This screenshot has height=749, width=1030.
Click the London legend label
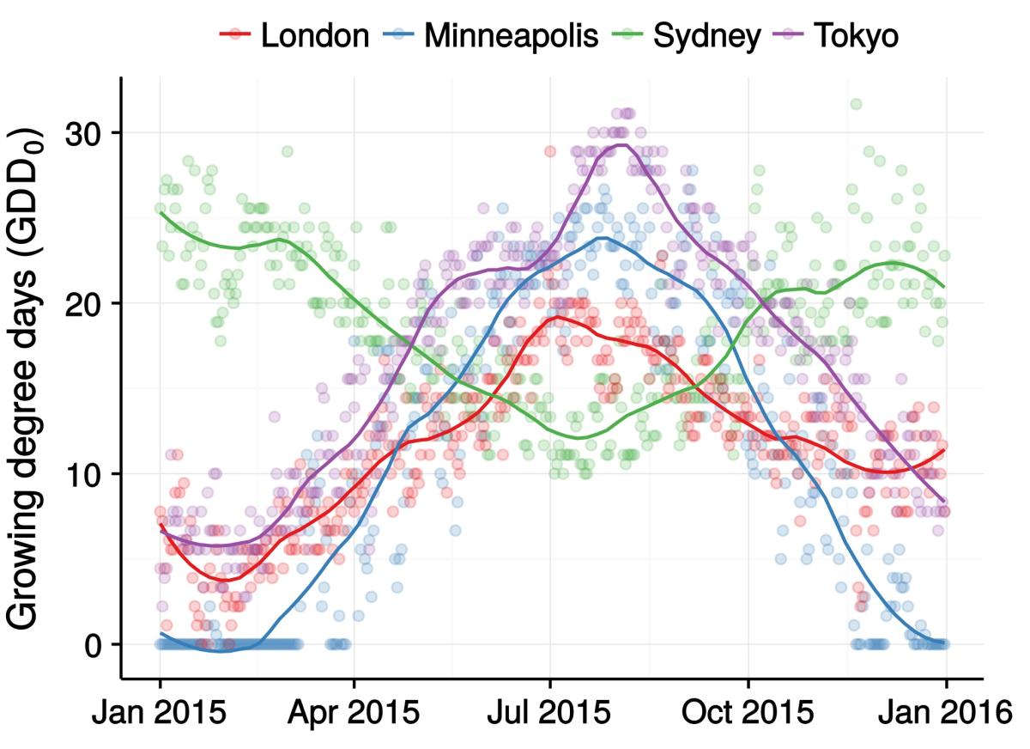click(315, 35)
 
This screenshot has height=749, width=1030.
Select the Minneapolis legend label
click(511, 35)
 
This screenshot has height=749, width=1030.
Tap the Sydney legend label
click(706, 35)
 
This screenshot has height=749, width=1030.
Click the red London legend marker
click(234, 35)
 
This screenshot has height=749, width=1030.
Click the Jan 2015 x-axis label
click(161, 712)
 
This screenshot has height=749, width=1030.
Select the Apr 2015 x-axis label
click(354, 712)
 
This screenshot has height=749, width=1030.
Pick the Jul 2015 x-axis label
click(550, 712)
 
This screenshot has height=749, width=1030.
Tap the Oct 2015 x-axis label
click(748, 712)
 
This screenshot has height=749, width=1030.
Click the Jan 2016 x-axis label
click(945, 712)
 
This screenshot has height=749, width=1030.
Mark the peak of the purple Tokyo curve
click(620, 144)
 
